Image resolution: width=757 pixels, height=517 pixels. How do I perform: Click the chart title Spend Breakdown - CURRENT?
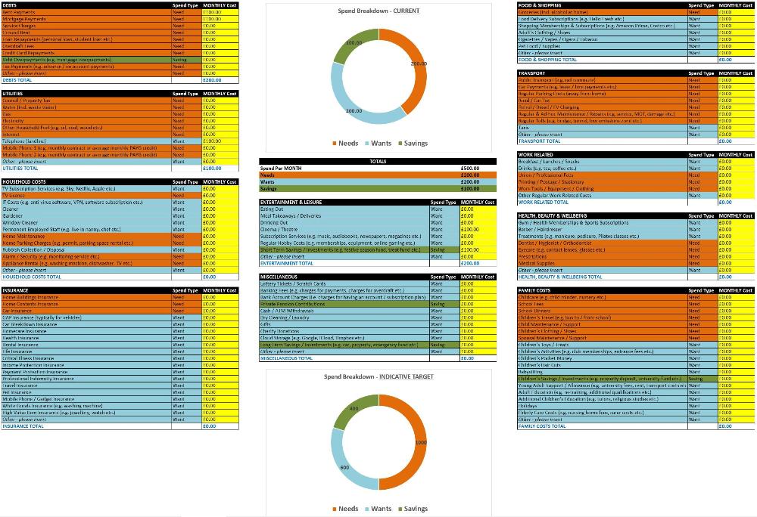coord(378,11)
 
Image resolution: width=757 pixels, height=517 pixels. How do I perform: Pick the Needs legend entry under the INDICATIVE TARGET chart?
coord(344,509)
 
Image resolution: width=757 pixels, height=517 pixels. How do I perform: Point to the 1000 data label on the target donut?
coord(421,442)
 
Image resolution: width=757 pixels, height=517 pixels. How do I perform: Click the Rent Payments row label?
coord(20,12)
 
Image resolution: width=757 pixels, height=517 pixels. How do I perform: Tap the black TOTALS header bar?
coord(378,161)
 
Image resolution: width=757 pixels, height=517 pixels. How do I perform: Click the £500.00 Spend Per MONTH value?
coord(469,169)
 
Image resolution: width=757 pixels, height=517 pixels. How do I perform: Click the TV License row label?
coord(15,195)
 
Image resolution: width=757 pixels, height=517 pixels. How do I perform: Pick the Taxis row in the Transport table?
coord(524,127)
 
